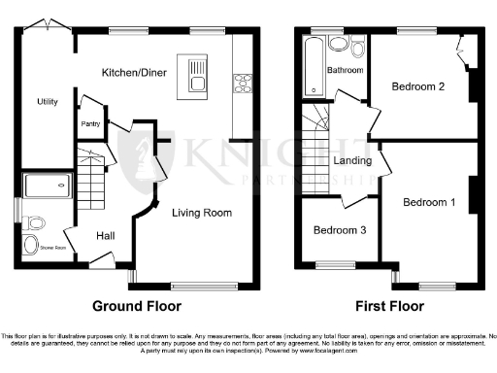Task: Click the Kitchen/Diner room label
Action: (x=136, y=73)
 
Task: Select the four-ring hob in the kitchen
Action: (x=240, y=84)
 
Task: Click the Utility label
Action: (x=48, y=102)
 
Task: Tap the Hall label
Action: (x=107, y=235)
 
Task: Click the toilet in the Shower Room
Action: (x=33, y=242)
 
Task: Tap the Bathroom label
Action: (x=345, y=71)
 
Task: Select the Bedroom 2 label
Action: (x=418, y=87)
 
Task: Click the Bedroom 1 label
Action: (x=427, y=202)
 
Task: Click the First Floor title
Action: (x=389, y=306)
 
